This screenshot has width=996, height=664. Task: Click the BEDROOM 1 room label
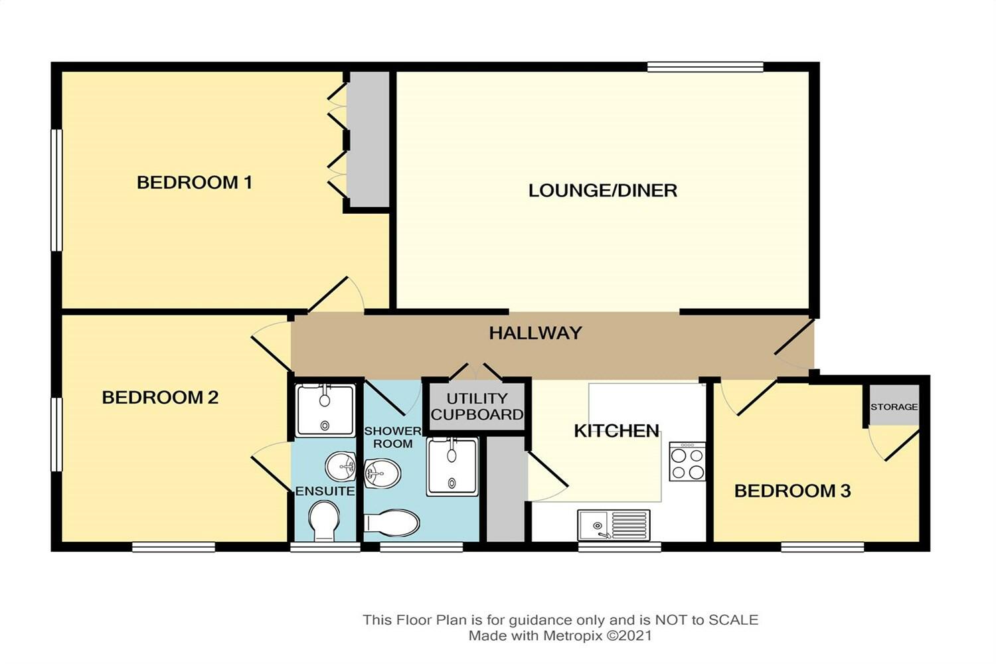(x=195, y=183)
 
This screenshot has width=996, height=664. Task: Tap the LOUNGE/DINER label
(x=602, y=191)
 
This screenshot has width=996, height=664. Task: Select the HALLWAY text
(x=535, y=333)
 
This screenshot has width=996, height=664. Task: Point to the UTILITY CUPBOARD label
(x=477, y=406)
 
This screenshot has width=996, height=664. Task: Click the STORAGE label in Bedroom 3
(x=894, y=406)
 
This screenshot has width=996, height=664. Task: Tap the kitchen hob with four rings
(x=687, y=461)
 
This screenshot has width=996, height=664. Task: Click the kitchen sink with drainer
(x=614, y=525)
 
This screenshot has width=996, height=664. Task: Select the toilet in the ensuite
(x=324, y=521)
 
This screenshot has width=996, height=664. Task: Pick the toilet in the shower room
(x=392, y=523)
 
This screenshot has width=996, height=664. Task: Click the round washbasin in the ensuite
(x=340, y=467)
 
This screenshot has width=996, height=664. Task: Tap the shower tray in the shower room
(x=452, y=467)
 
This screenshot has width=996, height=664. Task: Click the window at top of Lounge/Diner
(x=705, y=67)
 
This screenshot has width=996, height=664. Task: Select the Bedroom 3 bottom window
(x=823, y=546)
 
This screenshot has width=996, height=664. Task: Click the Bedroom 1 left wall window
(x=56, y=191)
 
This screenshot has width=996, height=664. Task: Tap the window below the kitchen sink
(x=620, y=546)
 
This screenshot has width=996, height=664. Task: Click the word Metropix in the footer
(x=572, y=635)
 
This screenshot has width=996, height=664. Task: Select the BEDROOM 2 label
(x=160, y=397)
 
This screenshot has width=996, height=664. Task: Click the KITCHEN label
(x=616, y=430)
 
